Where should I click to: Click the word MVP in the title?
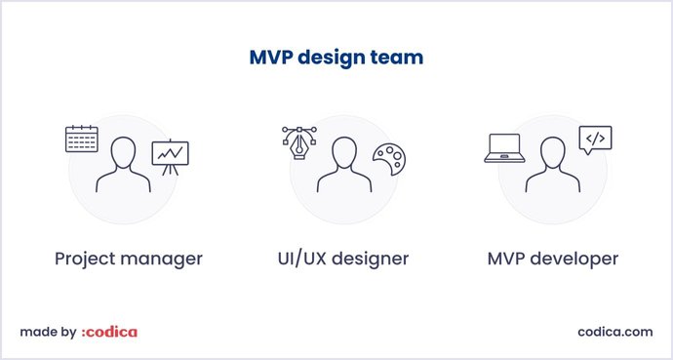[269, 58]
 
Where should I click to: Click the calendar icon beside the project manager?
[82, 139]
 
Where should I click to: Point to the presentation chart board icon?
[170, 156]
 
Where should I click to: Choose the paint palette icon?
[388, 159]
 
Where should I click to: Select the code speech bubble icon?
[595, 140]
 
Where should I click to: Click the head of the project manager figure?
[123, 152]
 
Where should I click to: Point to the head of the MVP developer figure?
[552, 152]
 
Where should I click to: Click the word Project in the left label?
[87, 260]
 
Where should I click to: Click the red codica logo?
[109, 332]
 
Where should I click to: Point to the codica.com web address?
[614, 332]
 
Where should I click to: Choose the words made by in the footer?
[48, 332]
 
